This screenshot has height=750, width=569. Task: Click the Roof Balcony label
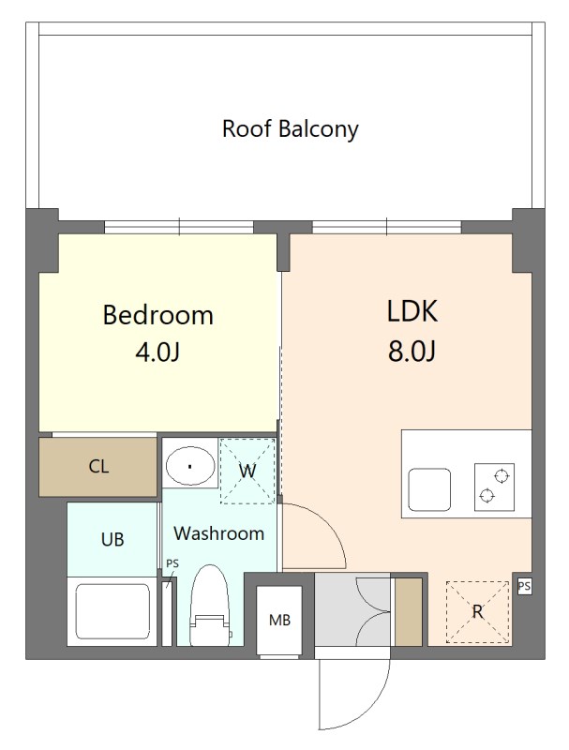(291, 129)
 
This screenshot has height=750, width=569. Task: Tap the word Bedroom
(157, 315)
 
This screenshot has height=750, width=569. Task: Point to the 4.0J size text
(157, 353)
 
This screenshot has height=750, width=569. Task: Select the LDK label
(412, 311)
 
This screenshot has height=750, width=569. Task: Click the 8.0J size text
(412, 352)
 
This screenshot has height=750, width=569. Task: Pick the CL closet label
(98, 466)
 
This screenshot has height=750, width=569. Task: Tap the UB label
(112, 540)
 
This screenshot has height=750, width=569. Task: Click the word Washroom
(219, 533)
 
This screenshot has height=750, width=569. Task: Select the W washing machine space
(247, 472)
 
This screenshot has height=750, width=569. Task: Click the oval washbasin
(190, 467)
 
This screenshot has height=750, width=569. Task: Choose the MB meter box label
(279, 621)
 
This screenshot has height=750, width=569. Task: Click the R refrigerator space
(477, 612)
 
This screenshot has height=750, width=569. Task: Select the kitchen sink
(429, 489)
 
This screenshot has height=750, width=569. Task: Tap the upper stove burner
(502, 476)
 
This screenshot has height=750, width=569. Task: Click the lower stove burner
(487, 496)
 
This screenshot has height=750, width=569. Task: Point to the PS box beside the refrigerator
(525, 587)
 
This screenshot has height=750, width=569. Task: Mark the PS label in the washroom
(172, 564)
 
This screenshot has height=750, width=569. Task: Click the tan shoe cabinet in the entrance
(408, 612)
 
